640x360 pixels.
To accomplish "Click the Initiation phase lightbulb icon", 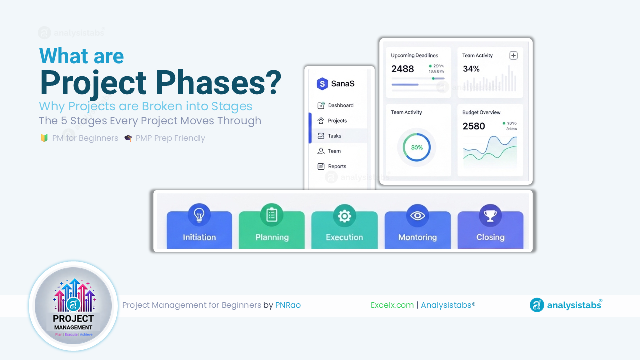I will click(199, 215).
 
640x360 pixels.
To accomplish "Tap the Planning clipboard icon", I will click(272, 215).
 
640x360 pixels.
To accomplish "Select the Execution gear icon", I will click(344, 216).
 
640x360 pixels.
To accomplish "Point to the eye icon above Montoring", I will click(417, 215).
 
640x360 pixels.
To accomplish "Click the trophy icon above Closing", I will click(490, 215).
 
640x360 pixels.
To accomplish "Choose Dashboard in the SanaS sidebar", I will click(340, 105).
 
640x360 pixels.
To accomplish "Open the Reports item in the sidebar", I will click(337, 166).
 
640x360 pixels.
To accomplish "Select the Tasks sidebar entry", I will click(334, 136).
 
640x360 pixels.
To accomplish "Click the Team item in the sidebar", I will click(334, 151).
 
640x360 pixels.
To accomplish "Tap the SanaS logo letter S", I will click(322, 84).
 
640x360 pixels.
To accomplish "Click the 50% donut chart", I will click(417, 148).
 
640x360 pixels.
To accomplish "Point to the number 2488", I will click(402, 69).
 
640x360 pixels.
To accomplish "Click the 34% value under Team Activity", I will click(471, 69).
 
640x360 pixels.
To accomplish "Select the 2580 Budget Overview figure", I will click(474, 126).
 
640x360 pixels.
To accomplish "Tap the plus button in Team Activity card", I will click(513, 55).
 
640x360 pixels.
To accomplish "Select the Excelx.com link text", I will click(392, 305).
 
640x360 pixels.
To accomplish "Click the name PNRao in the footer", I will click(288, 305).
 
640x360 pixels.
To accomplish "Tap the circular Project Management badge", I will click(73, 306).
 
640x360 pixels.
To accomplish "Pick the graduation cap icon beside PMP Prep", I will click(128, 138).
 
